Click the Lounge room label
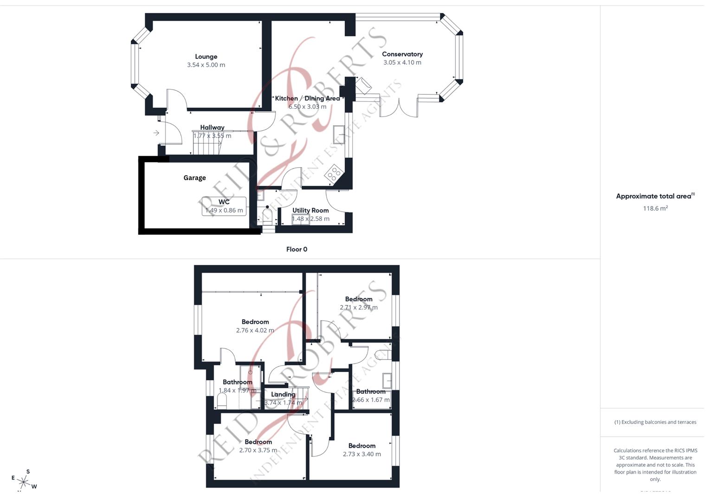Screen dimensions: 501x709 click(206, 57)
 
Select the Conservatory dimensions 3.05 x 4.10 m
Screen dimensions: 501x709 click(402, 63)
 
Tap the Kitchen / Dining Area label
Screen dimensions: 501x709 click(307, 98)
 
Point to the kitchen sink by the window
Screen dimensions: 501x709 click(339, 135)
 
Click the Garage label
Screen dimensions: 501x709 click(194, 178)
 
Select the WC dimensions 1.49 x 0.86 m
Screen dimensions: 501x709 click(224, 211)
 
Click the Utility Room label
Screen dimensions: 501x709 click(310, 210)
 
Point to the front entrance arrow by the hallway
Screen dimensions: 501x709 click(156, 133)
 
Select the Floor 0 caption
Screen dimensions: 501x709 click(296, 250)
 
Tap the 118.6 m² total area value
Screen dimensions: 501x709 click(655, 209)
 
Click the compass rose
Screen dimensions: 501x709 click(23, 482)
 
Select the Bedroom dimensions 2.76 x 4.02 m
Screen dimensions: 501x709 click(255, 331)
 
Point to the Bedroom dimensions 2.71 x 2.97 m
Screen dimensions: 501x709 click(359, 308)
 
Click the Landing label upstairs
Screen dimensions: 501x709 click(283, 394)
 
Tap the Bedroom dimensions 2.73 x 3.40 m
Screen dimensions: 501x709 click(362, 454)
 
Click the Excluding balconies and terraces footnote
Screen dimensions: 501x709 click(655, 422)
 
